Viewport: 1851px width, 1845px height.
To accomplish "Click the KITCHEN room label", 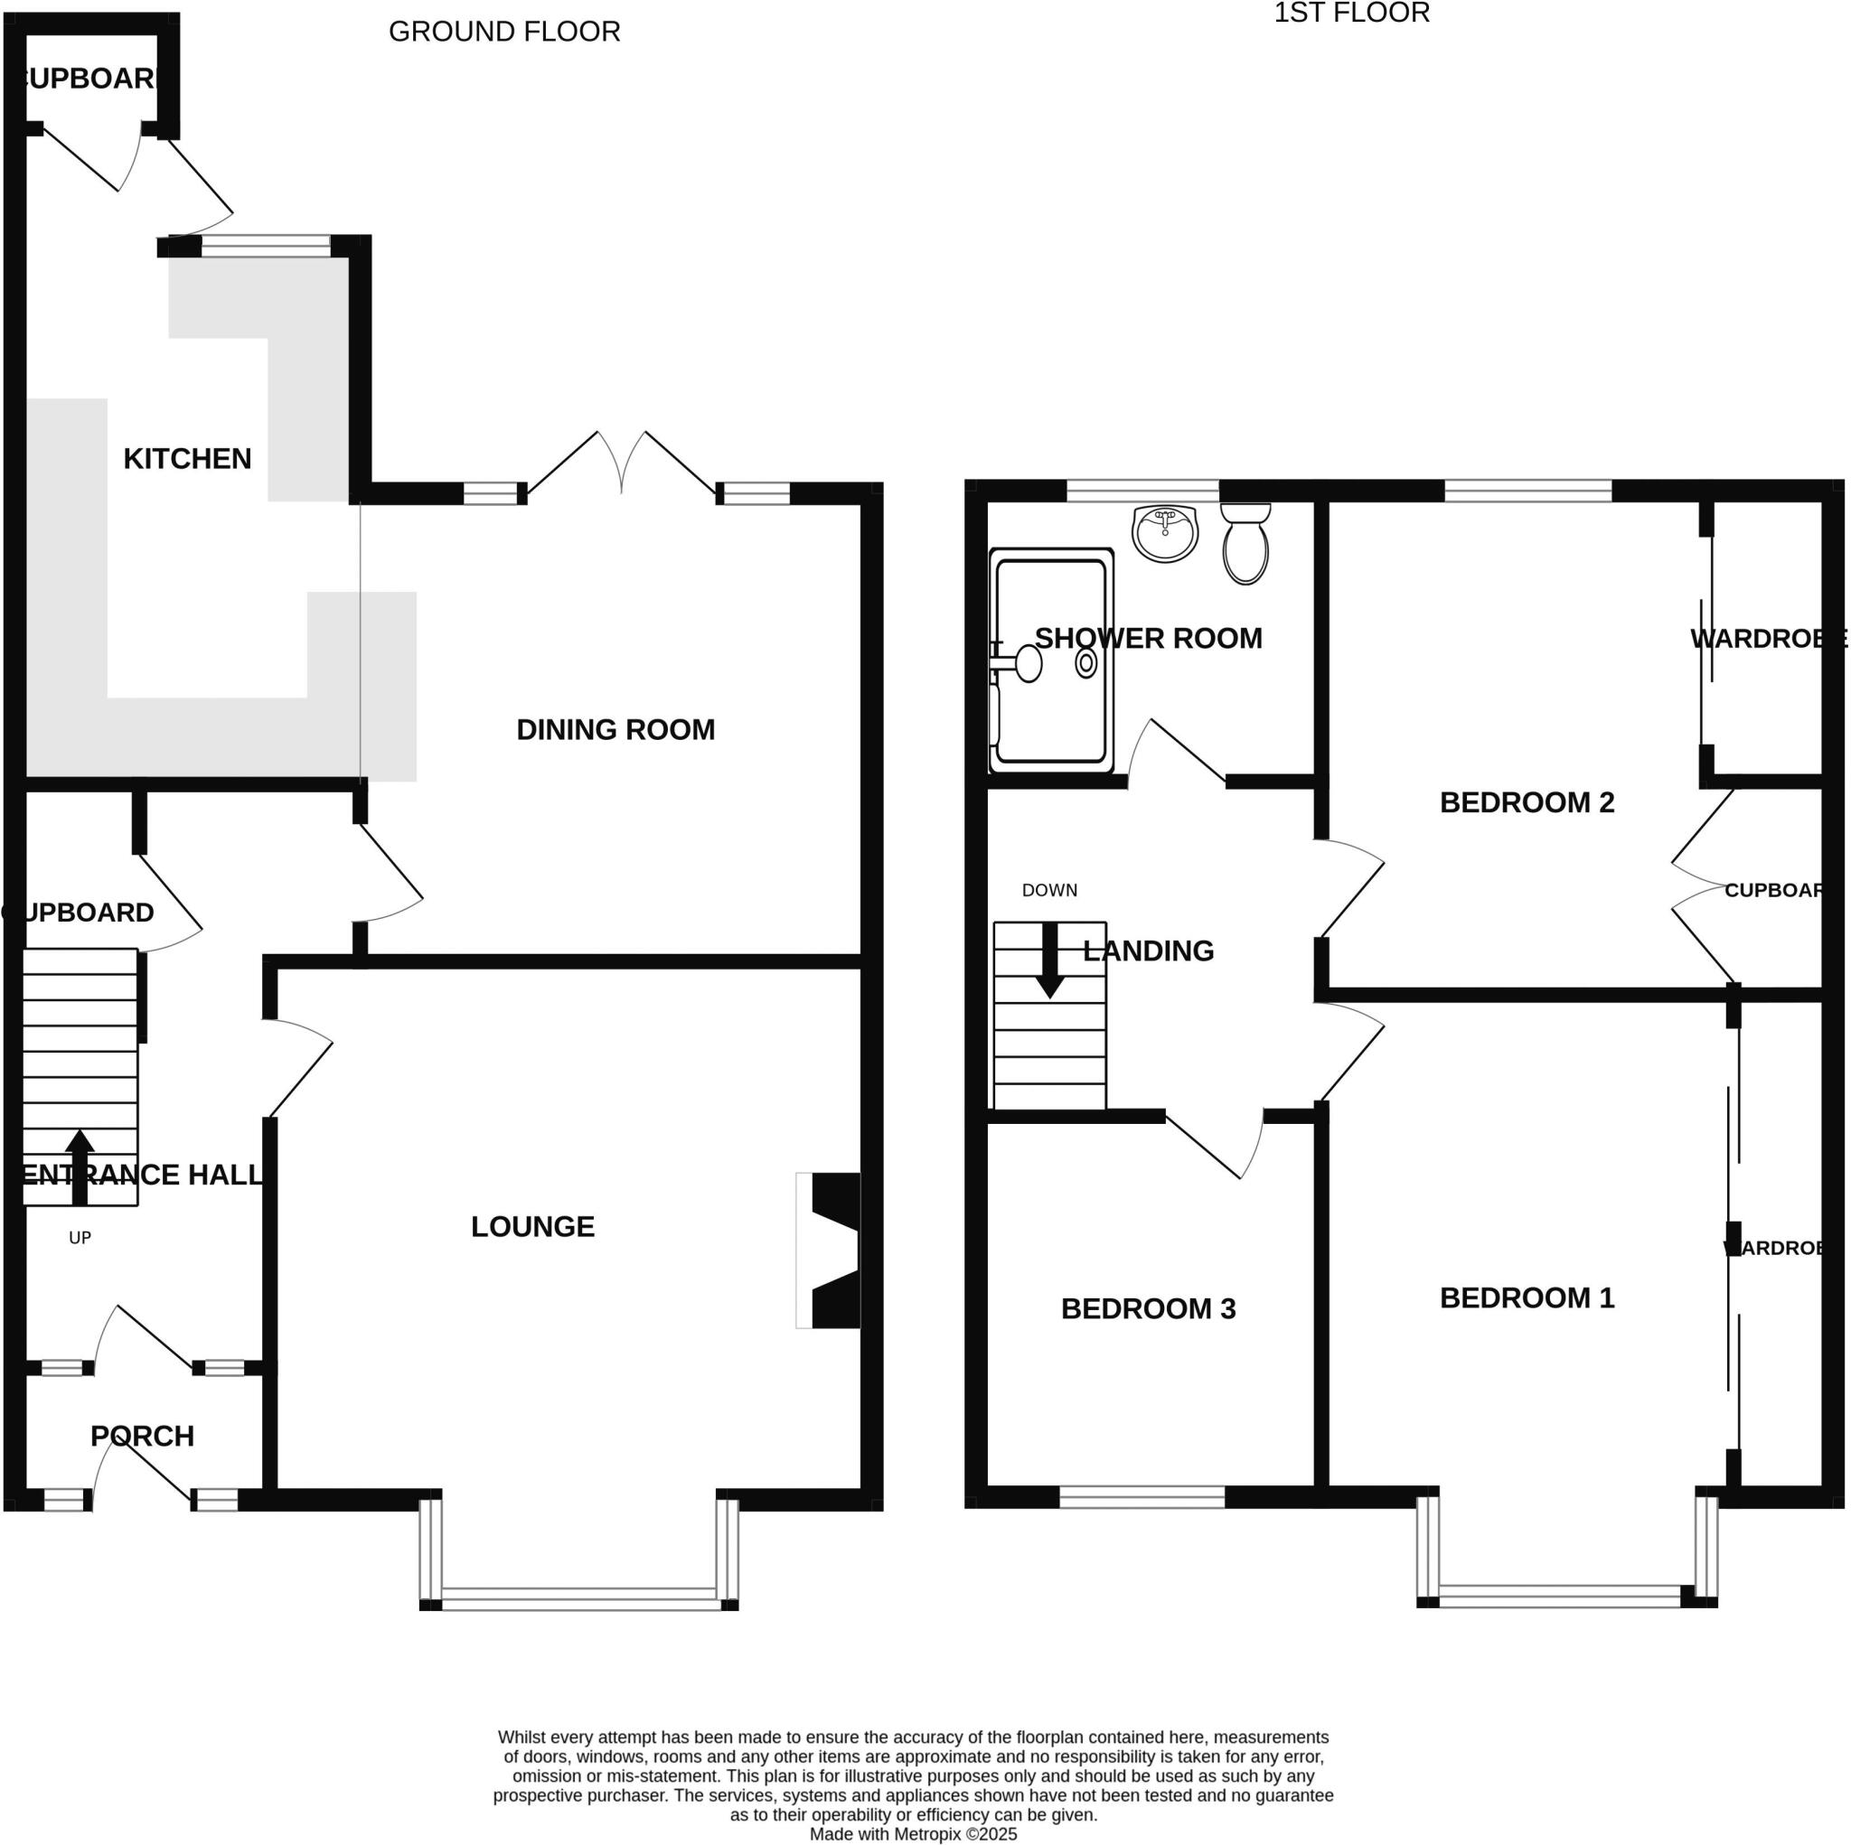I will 187,459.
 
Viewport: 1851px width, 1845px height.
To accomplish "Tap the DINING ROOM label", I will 615,730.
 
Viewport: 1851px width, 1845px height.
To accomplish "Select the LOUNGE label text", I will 532,1226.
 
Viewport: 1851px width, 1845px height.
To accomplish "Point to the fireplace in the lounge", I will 832,1250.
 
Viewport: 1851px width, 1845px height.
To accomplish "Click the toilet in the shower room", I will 1245,546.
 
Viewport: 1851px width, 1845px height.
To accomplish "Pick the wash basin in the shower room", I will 1165,532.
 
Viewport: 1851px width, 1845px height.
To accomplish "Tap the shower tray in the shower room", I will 1051,661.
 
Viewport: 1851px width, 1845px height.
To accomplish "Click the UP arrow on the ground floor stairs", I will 80,1166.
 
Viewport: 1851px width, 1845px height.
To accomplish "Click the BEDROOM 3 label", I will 1148,1308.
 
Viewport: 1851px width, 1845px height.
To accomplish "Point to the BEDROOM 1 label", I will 1527,1298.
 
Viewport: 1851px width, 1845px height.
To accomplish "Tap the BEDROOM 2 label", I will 1527,802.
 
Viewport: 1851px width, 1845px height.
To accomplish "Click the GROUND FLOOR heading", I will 504,32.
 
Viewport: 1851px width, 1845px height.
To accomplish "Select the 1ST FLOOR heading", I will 1351,14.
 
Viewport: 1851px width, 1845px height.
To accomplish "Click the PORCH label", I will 142,1436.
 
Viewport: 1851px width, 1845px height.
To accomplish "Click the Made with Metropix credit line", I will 913,1833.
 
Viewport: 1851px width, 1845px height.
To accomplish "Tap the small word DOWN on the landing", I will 1049,890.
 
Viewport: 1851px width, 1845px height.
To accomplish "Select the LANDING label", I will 1148,951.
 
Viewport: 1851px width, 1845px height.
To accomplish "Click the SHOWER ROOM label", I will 1148,639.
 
